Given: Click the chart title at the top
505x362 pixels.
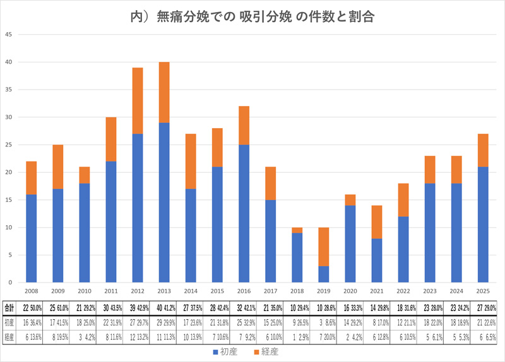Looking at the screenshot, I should [252, 17].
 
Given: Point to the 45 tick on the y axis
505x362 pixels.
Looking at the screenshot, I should [9, 34].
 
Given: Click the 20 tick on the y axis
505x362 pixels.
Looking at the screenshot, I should [9, 172].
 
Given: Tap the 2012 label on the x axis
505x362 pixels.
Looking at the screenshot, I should [137, 291].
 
